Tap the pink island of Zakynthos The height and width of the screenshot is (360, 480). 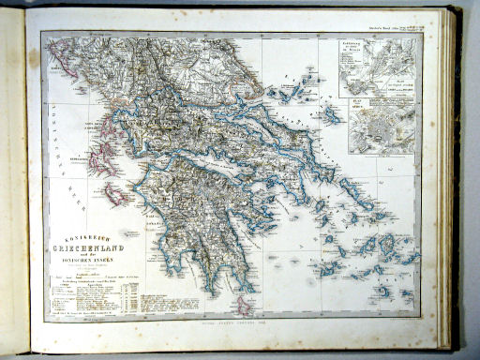118,195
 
